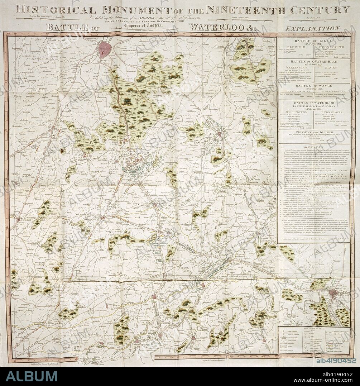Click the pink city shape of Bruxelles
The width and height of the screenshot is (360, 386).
click(x=105, y=50)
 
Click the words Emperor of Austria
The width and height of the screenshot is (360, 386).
click(x=144, y=26)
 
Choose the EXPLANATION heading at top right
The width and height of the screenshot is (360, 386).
click(x=312, y=28)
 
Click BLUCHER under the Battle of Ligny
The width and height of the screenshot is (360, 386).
click(x=296, y=47)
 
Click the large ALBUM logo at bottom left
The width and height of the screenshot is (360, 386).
click(x=32, y=376)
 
